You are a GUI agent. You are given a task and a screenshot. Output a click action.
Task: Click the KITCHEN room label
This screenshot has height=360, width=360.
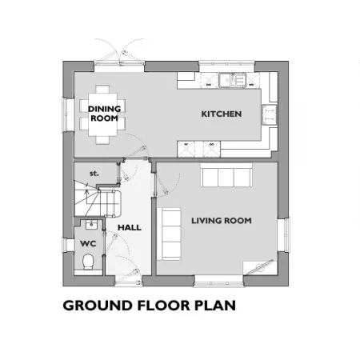[x=222, y=114]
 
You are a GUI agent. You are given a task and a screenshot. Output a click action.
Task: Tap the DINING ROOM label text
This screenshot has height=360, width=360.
[x=104, y=114]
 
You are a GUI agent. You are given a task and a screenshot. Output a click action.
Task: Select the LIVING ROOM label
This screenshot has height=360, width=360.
[x=222, y=221]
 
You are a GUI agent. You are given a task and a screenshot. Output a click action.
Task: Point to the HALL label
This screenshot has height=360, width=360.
[x=130, y=227]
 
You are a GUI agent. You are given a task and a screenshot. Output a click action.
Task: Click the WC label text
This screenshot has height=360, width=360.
[x=88, y=243]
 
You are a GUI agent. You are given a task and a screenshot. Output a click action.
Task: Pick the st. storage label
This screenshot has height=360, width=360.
[x=94, y=174]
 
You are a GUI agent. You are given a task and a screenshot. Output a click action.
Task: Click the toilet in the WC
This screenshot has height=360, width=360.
[x=88, y=262]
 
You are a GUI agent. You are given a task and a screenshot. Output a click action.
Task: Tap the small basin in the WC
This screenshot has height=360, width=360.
[x=92, y=225]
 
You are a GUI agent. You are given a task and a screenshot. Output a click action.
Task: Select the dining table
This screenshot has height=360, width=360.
[x=102, y=114]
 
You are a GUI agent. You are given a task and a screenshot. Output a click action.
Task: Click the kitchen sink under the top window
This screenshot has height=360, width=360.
[x=231, y=80]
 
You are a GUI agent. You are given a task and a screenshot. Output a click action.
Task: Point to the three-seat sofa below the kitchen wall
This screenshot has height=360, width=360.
[x=226, y=175]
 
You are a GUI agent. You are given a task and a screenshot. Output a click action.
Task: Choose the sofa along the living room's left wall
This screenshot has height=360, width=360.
[x=169, y=234]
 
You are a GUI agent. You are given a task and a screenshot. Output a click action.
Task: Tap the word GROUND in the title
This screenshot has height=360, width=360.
[x=98, y=306]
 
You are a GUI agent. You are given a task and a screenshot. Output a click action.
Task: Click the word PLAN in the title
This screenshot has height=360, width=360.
[x=215, y=306]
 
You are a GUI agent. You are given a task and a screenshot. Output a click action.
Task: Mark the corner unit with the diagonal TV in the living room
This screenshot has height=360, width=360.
[x=260, y=267]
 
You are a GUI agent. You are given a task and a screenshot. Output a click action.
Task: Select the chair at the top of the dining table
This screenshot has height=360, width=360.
[x=102, y=89]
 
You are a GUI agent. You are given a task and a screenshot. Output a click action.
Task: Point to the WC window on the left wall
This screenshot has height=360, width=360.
[x=65, y=245]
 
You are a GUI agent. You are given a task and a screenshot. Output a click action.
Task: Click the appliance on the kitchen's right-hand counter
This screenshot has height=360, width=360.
[x=270, y=114]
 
